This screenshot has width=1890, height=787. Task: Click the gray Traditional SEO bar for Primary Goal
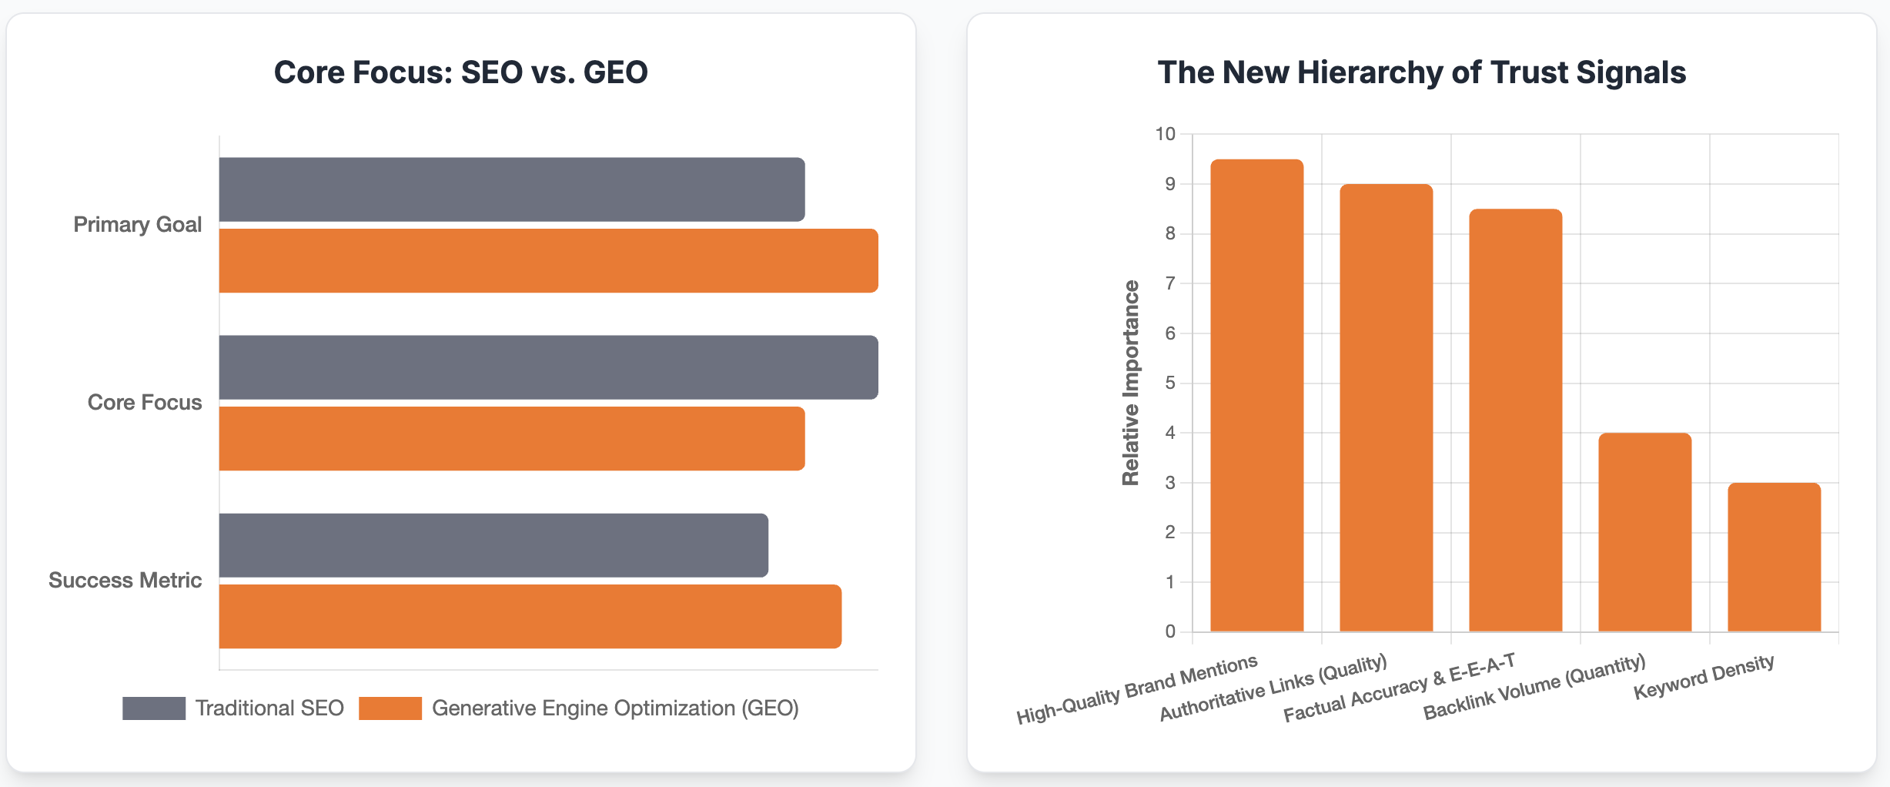click(512, 189)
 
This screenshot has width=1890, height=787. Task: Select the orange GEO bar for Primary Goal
click(548, 260)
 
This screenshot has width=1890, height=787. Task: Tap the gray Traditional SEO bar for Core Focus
click(548, 367)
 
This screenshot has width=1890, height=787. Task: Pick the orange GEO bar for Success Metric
click(530, 616)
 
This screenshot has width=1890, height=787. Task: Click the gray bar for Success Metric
click(493, 545)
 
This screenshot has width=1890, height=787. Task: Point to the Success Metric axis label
click(125, 580)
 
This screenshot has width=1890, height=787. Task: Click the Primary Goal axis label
click(137, 224)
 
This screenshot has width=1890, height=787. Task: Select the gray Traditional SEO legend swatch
click(154, 708)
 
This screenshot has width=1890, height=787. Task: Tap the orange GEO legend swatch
click(390, 708)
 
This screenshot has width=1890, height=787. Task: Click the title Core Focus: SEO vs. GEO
click(460, 72)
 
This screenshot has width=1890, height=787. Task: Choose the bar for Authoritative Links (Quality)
click(1386, 407)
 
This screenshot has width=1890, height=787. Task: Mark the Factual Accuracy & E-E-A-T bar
click(1515, 420)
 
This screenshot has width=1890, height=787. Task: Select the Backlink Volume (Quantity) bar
click(1644, 532)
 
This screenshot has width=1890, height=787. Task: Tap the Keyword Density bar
click(1774, 557)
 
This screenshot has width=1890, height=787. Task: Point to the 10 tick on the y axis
click(1165, 134)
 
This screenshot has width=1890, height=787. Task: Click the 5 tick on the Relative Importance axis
click(1170, 383)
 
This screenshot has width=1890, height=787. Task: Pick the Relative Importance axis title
click(1130, 383)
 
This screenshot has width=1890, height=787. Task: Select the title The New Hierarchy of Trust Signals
click(1421, 72)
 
